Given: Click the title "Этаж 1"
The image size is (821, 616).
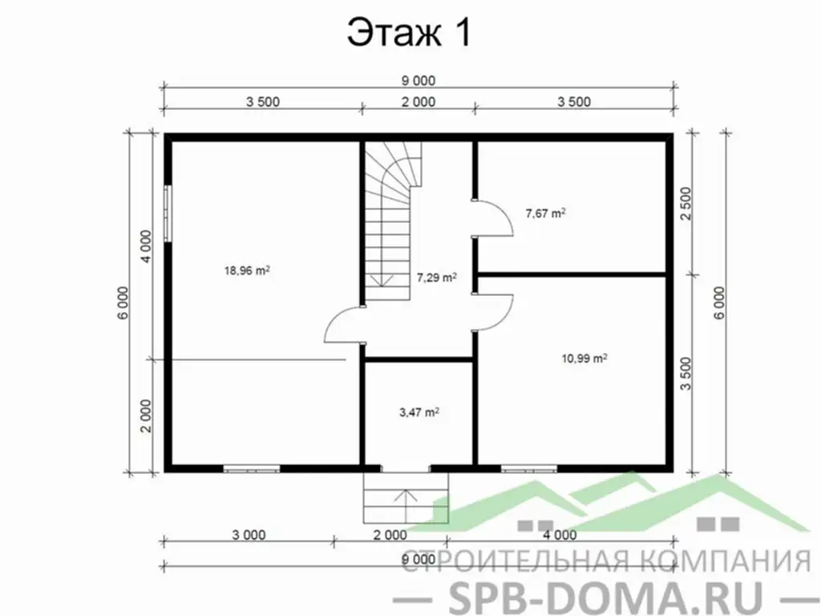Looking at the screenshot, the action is [409, 33].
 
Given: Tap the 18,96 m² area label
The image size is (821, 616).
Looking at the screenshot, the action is [247, 270].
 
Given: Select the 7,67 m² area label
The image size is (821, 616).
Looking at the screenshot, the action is [545, 213].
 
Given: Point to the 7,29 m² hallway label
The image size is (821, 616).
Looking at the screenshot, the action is [436, 277].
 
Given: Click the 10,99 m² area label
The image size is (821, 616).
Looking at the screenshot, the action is [584, 359].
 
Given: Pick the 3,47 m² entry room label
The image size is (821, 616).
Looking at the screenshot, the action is [419, 412].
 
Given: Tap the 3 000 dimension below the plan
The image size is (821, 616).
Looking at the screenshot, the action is [249, 535].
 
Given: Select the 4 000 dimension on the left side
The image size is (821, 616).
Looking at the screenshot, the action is [146, 246].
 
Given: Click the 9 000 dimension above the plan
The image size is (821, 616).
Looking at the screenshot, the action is [419, 81].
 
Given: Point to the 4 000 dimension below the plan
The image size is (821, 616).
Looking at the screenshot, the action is [560, 535].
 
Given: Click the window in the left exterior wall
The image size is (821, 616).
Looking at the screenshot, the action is [168, 213].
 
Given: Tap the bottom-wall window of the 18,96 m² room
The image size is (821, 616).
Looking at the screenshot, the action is [251, 468].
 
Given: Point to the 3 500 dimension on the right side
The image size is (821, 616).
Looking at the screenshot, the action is [686, 374].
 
